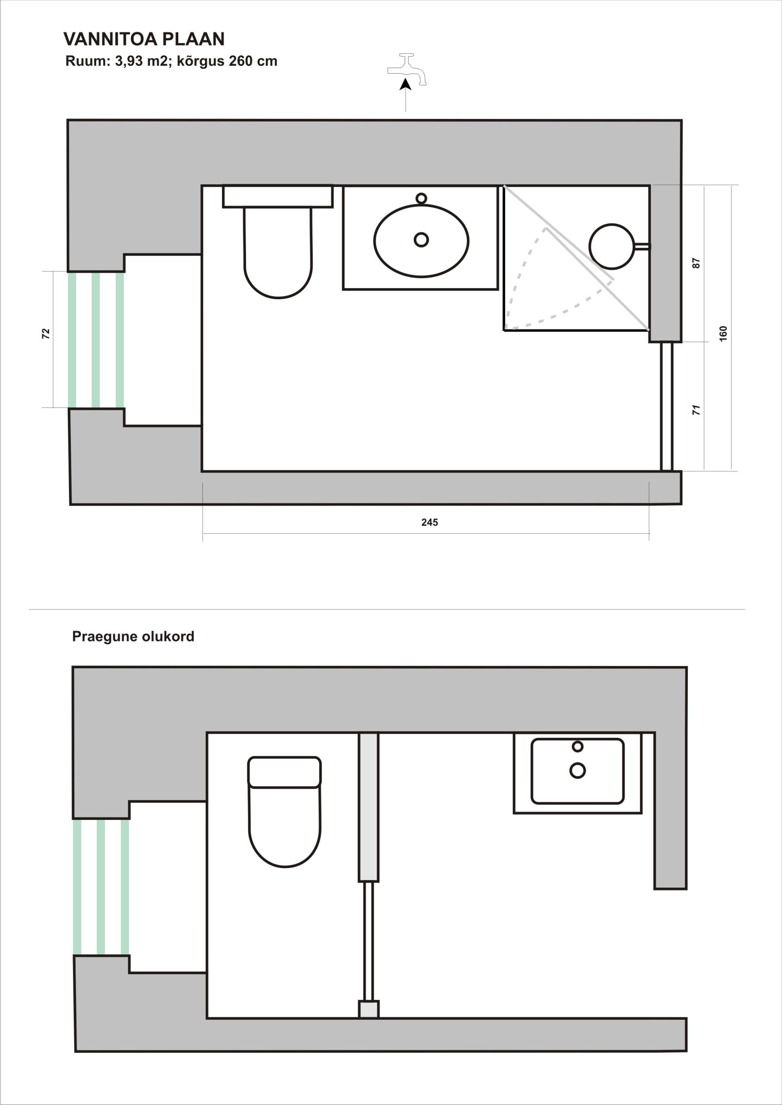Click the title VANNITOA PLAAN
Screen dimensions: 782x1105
(x=144, y=39)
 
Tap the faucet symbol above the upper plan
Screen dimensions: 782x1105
(x=407, y=69)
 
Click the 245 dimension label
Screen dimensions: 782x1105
(x=429, y=522)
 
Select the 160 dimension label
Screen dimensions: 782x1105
(x=723, y=334)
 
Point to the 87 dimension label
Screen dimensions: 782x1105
(x=696, y=263)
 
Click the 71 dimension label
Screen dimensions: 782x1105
(x=696, y=410)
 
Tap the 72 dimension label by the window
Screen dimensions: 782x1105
(x=46, y=334)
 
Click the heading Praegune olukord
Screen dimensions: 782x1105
(x=133, y=636)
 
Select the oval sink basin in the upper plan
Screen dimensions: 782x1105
(x=422, y=240)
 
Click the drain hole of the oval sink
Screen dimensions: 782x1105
(x=422, y=239)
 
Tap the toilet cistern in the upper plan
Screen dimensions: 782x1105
(x=278, y=196)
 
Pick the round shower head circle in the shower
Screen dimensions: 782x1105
(x=612, y=246)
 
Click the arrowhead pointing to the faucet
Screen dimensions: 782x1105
(x=406, y=84)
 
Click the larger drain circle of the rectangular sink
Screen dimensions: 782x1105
(x=577, y=770)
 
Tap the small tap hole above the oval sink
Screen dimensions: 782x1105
(x=422, y=198)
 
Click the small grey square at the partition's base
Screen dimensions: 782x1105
(x=369, y=1009)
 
